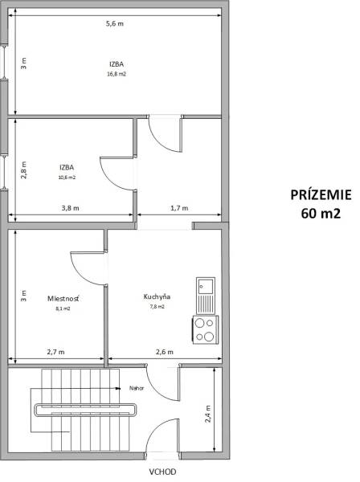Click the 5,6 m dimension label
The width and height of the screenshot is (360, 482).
[x=115, y=25]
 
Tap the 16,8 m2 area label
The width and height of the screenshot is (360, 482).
[x=117, y=74]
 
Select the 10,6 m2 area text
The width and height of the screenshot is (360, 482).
[x=67, y=178]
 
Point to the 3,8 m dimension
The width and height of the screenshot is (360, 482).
[x=71, y=208]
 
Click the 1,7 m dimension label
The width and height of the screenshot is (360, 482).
[x=180, y=208]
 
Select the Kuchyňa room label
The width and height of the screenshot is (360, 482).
[x=157, y=296]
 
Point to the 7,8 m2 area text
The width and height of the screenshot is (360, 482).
[x=157, y=306]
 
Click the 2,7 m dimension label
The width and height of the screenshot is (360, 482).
[x=56, y=352]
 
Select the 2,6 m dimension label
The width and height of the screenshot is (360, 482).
[x=164, y=352]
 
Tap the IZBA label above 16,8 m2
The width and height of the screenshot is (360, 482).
[x=117, y=63]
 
